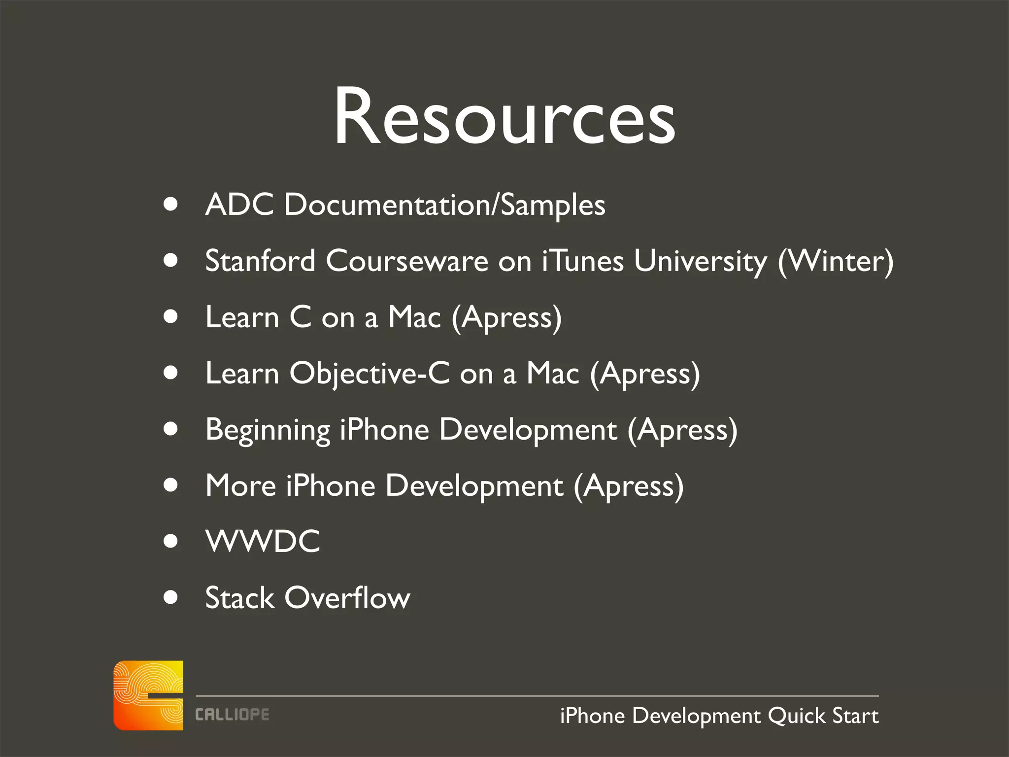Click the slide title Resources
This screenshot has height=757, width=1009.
504,117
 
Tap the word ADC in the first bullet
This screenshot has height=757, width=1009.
239,204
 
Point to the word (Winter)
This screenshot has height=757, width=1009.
835,261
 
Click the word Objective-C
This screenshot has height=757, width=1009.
370,373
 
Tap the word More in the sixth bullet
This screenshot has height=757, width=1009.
240,485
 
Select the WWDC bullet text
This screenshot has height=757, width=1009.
263,541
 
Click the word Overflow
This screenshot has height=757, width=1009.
347,598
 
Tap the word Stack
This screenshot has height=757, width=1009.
239,598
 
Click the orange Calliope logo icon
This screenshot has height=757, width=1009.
148,695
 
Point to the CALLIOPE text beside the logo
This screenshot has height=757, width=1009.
232,715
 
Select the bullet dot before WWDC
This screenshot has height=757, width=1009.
170,541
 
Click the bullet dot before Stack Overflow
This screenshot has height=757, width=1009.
170,597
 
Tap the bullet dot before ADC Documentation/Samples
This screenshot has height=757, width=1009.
170,204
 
